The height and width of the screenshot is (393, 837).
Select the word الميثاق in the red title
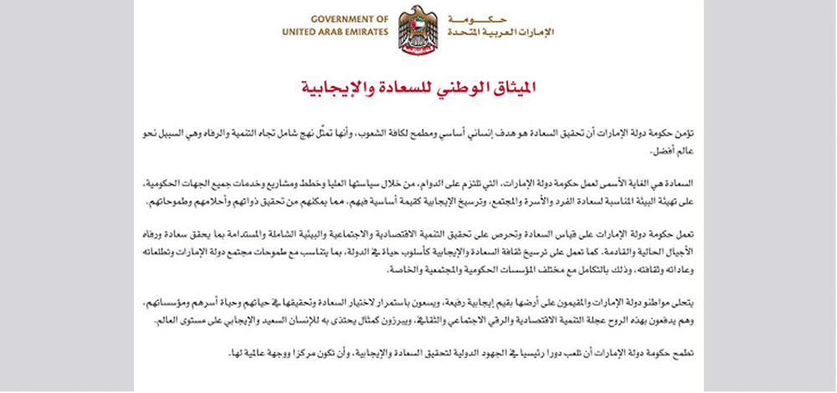point(507,87)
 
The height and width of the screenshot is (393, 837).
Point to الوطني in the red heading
point(448,87)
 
